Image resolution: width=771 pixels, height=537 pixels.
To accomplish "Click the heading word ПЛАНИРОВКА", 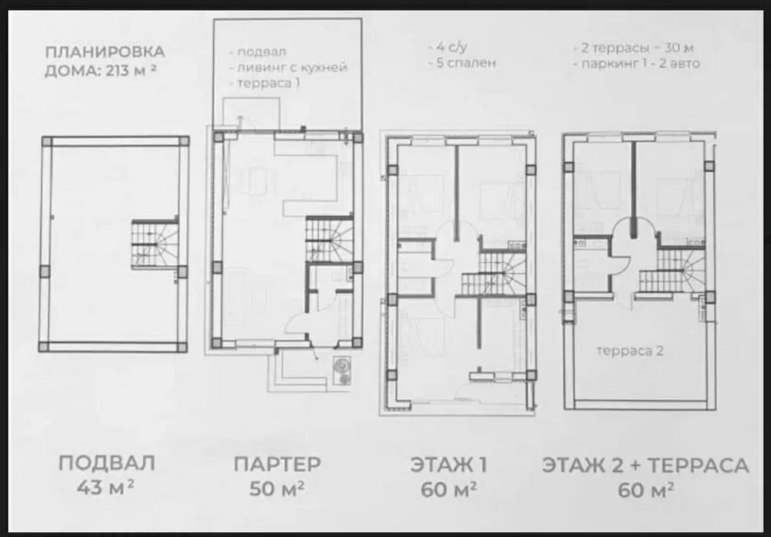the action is pos(105,51).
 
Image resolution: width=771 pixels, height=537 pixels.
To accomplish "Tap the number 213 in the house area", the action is pos(118,71).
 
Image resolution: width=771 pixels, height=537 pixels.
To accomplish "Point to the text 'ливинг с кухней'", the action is pos(293,67).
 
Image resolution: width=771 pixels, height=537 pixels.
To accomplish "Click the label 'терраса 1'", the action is pos(268,83).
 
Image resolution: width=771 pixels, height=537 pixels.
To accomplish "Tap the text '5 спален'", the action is pos(465,63).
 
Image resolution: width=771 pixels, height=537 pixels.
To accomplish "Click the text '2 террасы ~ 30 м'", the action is pos(639,48).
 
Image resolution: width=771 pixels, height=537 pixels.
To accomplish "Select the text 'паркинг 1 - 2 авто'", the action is pos(641,64).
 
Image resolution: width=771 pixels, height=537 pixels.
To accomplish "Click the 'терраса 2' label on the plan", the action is pos(630,351).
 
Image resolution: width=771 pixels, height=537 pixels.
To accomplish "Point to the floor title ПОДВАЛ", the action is pos(106,463).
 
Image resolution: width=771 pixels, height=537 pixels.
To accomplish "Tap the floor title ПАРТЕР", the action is pos(277,463).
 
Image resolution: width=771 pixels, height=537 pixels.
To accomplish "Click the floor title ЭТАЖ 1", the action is pos(448,465).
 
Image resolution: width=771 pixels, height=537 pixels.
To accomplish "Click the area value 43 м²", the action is pos(106,487).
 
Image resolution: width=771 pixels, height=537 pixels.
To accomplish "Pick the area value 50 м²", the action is pos(277,488).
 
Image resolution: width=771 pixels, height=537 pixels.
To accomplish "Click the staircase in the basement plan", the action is pos(155,244).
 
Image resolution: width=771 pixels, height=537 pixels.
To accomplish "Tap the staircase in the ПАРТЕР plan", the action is pos(329,239).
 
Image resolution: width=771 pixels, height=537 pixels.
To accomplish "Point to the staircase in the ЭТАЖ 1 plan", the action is pos(494,273).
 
